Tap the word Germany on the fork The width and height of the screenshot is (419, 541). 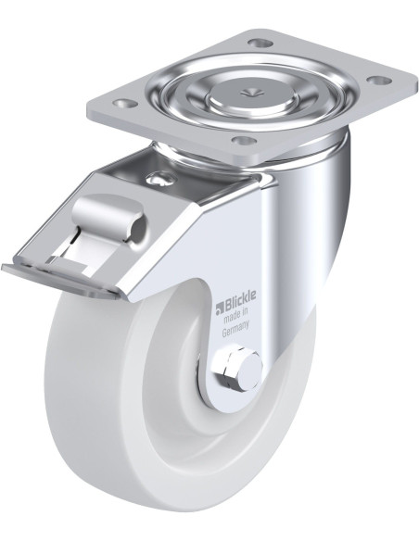point(235,331)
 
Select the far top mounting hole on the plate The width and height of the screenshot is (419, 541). point(260,44)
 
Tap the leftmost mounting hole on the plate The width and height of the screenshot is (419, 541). point(125,103)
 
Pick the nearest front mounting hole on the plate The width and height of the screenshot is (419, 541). point(245,141)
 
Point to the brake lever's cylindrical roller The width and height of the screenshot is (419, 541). point(110,214)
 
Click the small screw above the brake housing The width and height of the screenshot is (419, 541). point(158,179)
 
